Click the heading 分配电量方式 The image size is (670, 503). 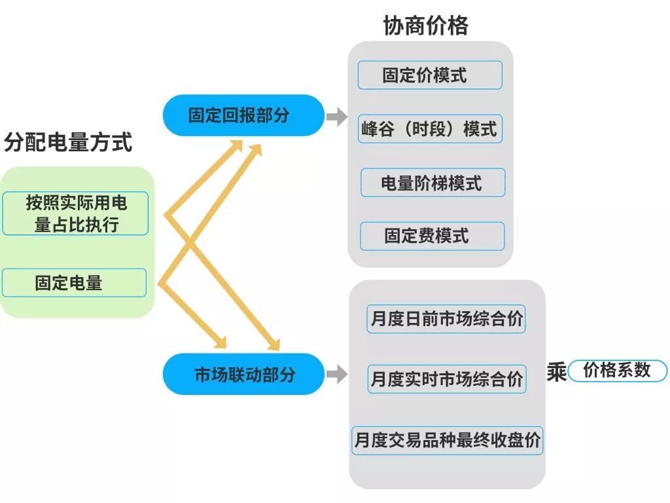pyautogui.click(x=68, y=142)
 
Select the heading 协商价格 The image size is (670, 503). pyautogui.click(x=426, y=25)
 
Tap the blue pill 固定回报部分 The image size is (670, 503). pyautogui.click(x=243, y=115)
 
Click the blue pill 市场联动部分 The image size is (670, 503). pyautogui.click(x=243, y=375)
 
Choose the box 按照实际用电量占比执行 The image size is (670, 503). pyautogui.click(x=75, y=214)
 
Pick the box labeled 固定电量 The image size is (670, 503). pyautogui.click(x=74, y=282)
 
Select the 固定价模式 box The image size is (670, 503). pyautogui.click(x=430, y=75)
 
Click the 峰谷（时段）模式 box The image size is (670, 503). pyautogui.click(x=430, y=128)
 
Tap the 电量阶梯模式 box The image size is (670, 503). pyautogui.click(x=432, y=183)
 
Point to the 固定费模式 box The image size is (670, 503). pyautogui.click(x=432, y=236)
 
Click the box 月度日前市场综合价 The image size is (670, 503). pyautogui.click(x=446, y=319)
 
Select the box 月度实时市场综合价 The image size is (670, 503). pyautogui.click(x=447, y=379)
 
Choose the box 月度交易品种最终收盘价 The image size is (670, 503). pyautogui.click(x=448, y=439)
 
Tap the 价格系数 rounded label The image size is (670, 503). pyautogui.click(x=617, y=371)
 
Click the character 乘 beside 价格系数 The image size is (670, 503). pyautogui.click(x=556, y=372)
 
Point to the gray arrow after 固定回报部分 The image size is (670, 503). pyautogui.click(x=336, y=117)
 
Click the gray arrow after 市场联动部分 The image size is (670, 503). pyautogui.click(x=336, y=375)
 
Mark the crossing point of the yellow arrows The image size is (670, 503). pyautogui.click(x=191, y=243)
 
